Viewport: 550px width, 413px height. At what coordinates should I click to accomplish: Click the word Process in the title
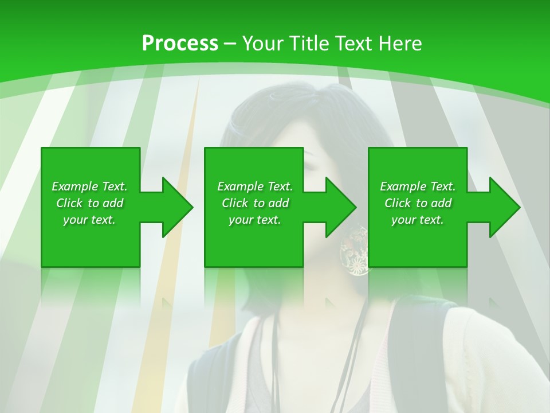[180, 44]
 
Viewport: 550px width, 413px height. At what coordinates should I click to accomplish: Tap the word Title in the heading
[309, 44]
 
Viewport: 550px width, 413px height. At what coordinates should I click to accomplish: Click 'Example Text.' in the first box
[89, 186]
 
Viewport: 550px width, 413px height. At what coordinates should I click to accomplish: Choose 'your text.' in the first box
[89, 220]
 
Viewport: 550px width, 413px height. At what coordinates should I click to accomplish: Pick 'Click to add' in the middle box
[255, 203]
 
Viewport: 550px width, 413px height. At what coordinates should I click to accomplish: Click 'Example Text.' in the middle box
[255, 186]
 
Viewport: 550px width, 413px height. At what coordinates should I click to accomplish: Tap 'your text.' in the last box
[418, 220]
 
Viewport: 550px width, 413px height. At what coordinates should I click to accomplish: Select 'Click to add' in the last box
[418, 203]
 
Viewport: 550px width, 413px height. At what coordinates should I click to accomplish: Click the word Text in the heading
[350, 44]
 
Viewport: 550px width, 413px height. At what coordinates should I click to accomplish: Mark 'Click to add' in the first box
[89, 203]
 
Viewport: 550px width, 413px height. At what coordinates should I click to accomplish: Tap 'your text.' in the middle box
[255, 220]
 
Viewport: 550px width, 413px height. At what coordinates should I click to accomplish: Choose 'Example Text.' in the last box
[418, 186]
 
